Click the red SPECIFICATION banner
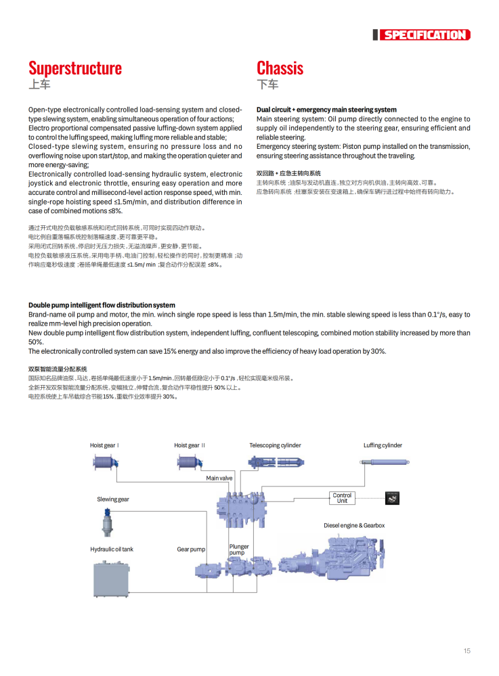pos(424,35)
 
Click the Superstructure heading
pos(75,68)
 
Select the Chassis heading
pos(280,68)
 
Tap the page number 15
pos(467,651)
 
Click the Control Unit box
pos(342,498)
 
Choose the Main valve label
pos(219,478)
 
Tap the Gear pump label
pos(191,549)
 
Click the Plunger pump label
pos(238,549)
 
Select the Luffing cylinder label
pos(383,445)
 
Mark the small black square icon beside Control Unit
pos(392,498)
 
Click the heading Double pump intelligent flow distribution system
pos(102,305)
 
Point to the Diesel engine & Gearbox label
pos(353,525)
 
